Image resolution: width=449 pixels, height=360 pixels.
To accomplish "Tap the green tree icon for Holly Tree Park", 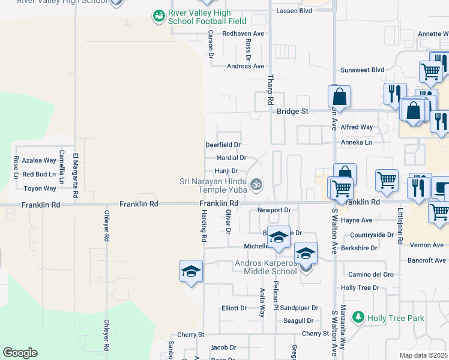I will pyautogui.click(x=358, y=316).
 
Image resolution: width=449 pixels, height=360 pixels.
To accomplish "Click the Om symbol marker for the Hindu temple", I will pyautogui.click(x=256, y=184).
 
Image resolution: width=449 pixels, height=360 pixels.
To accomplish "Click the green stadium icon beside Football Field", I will pyautogui.click(x=158, y=16).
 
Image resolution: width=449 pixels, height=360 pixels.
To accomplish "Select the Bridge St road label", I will pyautogui.click(x=292, y=112).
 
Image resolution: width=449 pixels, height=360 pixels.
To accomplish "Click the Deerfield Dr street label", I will pyautogui.click(x=223, y=145).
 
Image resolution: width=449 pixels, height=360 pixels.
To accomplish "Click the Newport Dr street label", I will pyautogui.click(x=274, y=210).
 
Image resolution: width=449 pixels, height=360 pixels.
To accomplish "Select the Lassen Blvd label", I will pyautogui.click(x=294, y=11).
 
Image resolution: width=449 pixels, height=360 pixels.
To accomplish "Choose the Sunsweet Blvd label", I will pyautogui.click(x=362, y=70).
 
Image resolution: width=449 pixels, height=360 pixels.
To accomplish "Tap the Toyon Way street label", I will pyautogui.click(x=40, y=188).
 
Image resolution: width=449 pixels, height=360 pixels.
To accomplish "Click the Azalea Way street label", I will pyautogui.click(x=39, y=160).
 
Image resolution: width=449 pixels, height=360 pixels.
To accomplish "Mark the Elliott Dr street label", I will pyautogui.click(x=234, y=308).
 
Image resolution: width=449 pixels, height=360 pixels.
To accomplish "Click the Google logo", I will pyautogui.click(x=20, y=353).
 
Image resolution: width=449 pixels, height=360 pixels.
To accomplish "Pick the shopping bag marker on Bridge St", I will pyautogui.click(x=339, y=97).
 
